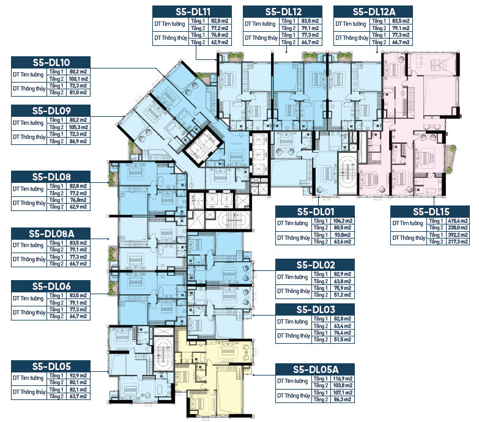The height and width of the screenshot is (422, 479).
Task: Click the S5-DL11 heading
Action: click(x=193, y=12)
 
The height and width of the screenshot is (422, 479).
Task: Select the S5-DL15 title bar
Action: click(x=430, y=212)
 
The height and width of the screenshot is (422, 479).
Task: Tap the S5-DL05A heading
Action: click(x=316, y=369)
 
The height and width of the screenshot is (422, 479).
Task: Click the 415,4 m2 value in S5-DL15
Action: click(x=458, y=221)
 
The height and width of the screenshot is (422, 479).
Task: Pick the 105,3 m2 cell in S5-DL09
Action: click(x=78, y=127)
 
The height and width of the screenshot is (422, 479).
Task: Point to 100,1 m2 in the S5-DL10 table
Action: click(x=78, y=79)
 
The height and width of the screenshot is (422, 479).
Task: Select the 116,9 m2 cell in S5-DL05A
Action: click(x=343, y=379)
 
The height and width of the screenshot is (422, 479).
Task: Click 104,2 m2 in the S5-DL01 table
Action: click(x=343, y=221)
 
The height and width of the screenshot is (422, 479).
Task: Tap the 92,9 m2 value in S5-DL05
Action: click(x=78, y=376)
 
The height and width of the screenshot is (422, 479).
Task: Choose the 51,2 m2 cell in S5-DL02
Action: click(x=343, y=295)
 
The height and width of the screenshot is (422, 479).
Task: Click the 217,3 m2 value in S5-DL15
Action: click(x=458, y=242)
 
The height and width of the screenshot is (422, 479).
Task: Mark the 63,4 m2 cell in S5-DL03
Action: click(x=343, y=326)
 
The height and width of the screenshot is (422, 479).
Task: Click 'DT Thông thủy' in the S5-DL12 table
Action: click(x=261, y=38)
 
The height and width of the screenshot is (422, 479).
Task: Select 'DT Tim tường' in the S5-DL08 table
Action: click(x=28, y=189)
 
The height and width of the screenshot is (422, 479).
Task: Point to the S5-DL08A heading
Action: click(x=51, y=234)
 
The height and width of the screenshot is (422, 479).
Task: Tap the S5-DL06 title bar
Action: click(x=51, y=286)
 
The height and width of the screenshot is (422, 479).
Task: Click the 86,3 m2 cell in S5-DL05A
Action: click(x=343, y=399)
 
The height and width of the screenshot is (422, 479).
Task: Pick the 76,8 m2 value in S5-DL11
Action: click(x=220, y=35)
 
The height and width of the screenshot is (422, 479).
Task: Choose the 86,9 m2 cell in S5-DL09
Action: click(x=78, y=141)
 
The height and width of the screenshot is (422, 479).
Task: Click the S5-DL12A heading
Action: click(x=374, y=12)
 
